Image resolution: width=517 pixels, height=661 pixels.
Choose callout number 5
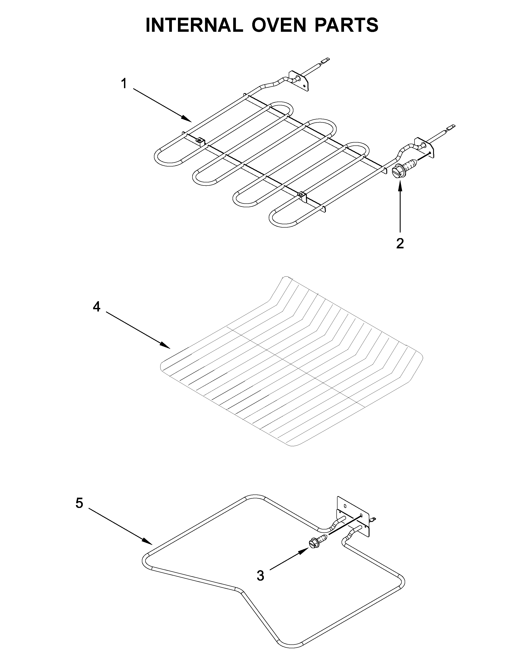tap(79, 503)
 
